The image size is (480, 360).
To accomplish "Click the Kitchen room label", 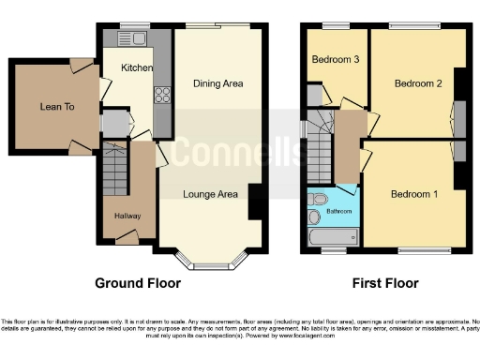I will pyautogui.click(x=137, y=68).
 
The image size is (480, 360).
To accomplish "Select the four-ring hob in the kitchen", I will pyautogui.click(x=160, y=94).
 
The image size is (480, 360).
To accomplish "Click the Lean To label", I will pyautogui.click(x=57, y=108).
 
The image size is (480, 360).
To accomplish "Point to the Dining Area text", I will pyautogui.click(x=218, y=84).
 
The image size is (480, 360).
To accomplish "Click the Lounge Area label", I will pyautogui.click(x=210, y=194).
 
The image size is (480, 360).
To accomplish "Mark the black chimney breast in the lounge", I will pyautogui.click(x=254, y=202).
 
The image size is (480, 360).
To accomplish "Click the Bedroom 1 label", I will pyautogui.click(x=413, y=194).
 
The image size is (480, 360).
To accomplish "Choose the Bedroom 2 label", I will pyautogui.click(x=417, y=83).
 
